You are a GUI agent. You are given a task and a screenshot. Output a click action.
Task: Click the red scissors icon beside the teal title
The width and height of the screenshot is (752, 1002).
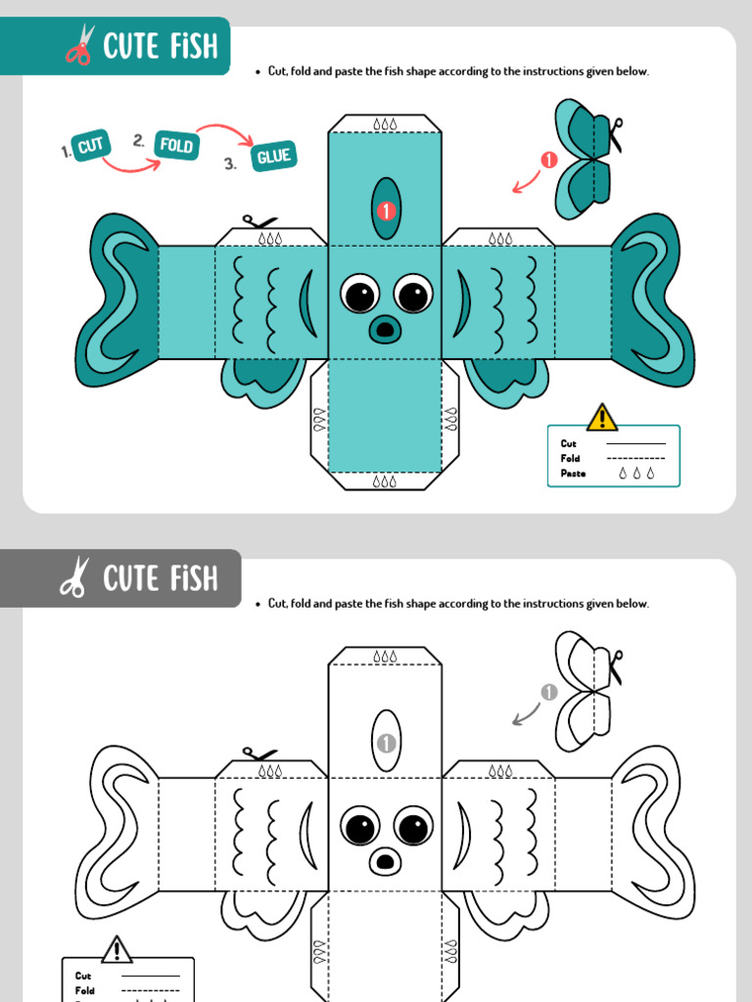pos(80,44)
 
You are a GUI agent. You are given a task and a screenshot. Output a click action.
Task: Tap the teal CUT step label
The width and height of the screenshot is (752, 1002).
pos(91,146)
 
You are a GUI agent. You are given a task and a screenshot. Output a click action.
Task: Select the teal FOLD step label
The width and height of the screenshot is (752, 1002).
pos(176,145)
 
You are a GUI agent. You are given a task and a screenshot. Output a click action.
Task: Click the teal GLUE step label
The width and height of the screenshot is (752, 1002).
pos(274,156)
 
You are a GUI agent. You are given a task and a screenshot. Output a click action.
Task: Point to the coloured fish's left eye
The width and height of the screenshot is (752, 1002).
pos(359,295)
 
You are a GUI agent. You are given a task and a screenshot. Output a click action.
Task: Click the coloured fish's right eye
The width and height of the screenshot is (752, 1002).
pos(413,295)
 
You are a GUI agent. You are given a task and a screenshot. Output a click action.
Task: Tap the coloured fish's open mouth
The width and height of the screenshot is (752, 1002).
pos(385,329)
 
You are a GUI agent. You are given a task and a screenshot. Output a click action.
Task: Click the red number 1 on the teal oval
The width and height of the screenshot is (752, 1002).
pos(386,210)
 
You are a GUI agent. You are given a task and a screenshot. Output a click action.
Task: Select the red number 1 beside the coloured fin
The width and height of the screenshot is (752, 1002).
pos(548,159)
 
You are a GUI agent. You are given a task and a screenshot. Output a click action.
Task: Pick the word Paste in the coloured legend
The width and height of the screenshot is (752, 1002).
pos(573,474)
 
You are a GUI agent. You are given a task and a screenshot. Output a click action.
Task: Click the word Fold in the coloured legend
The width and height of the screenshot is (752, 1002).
pos(571,458)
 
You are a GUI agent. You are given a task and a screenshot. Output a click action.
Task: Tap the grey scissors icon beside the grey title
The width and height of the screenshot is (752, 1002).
pos(75,576)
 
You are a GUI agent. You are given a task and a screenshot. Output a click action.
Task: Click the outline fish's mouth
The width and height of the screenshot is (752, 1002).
pos(385,861)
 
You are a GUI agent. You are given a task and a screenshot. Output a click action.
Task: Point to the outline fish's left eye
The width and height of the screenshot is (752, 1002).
pos(359,827)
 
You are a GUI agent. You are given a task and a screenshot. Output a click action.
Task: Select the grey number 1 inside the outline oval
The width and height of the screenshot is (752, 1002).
pos(386,744)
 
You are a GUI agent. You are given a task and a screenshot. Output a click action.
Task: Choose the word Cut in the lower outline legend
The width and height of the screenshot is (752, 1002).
pos(83,976)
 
